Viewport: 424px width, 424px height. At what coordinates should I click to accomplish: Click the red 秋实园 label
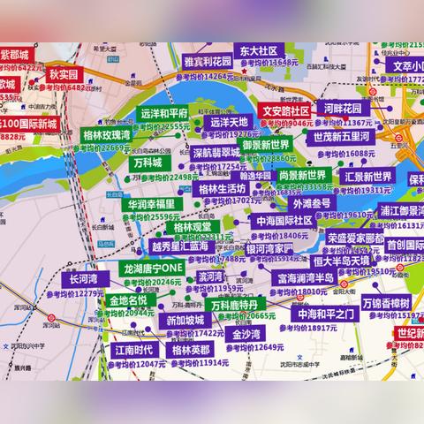64,75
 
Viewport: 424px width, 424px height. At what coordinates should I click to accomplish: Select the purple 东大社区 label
256,51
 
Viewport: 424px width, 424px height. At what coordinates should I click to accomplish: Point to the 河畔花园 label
343,108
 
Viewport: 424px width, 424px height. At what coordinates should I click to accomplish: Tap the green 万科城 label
147,163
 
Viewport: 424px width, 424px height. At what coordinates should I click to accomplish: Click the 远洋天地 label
229,122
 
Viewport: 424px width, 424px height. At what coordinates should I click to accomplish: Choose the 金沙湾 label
246,335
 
